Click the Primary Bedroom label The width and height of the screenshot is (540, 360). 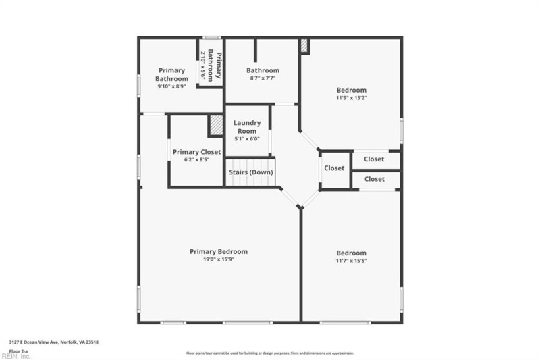219,251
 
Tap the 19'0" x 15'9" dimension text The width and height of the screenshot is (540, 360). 219,259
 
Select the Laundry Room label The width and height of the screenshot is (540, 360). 247,126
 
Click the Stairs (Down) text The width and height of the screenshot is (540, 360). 250,172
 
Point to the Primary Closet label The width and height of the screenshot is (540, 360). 196,152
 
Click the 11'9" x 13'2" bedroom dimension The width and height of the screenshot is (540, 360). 351,98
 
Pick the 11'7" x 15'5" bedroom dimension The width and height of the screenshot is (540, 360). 351,261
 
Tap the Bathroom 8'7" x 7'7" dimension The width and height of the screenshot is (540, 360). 262,78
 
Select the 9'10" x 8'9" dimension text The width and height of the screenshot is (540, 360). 172,86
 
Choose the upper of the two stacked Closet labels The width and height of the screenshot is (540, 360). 374,159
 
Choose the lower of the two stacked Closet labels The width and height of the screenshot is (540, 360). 374,179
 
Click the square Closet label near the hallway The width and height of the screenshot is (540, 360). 334,168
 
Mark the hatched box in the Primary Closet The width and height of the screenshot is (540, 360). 215,126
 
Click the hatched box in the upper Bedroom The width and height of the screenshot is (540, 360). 304,46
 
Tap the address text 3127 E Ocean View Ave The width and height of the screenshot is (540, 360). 34,343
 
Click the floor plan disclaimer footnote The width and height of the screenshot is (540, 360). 270,353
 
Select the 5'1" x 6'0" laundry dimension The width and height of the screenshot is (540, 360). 247,139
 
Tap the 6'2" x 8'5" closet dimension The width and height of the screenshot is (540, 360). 196,160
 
